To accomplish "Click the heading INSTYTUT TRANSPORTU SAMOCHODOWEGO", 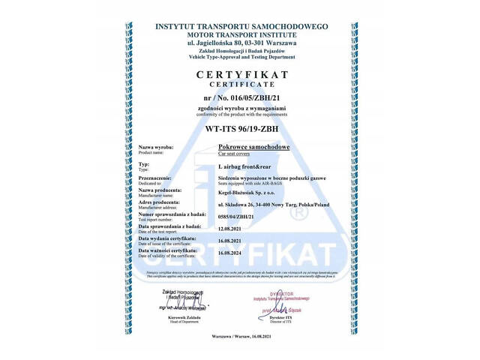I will point(241,26).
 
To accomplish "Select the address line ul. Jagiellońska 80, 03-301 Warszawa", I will point(241,43).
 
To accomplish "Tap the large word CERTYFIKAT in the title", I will point(242,75).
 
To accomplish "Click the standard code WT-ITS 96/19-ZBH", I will point(241,128).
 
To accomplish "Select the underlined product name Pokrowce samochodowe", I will point(253,147).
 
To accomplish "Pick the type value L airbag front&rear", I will point(244,166).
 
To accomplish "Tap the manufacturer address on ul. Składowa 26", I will point(273,205).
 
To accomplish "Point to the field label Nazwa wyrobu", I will point(156,147).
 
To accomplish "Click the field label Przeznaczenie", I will point(155,177).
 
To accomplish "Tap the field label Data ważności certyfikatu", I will point(167,250).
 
